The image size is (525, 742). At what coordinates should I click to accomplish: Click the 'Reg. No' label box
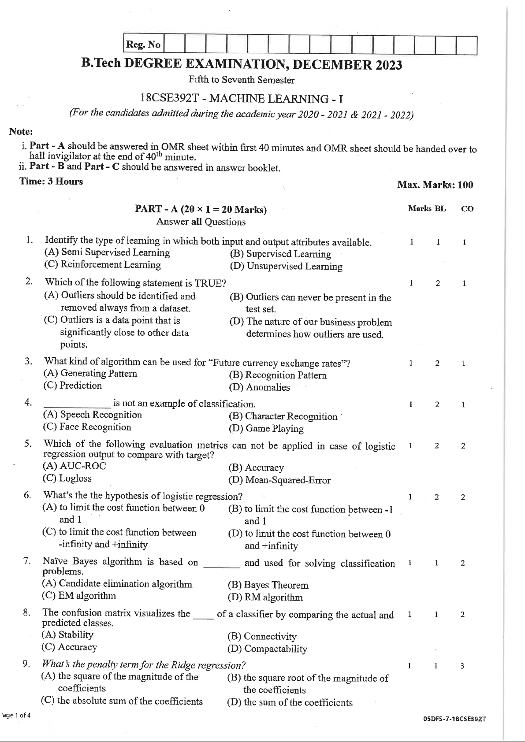coord(143,45)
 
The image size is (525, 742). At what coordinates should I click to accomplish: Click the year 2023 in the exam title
coord(388,66)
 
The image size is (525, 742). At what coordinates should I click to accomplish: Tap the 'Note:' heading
coord(21,131)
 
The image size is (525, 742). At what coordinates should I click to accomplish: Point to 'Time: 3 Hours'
coord(51,182)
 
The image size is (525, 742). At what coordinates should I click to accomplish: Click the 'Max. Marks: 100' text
coord(435,185)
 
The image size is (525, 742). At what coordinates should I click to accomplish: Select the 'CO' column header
coord(467,209)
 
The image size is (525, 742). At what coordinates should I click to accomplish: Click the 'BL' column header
coord(440,208)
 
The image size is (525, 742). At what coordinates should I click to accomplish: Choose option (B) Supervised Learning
coord(280,254)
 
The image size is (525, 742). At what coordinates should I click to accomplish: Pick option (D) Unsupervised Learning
coord(286,266)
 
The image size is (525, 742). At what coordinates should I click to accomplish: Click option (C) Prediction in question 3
coord(73,386)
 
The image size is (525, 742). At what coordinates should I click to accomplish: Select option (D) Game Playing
coord(266,428)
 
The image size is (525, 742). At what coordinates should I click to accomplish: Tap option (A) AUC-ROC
coord(74,466)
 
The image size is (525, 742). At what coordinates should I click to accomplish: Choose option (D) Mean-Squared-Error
coord(279,480)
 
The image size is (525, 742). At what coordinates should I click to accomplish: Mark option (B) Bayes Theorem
coord(268,585)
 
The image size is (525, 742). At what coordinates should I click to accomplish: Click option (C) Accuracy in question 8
coord(69,647)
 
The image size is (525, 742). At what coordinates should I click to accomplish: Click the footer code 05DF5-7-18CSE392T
coord(454,719)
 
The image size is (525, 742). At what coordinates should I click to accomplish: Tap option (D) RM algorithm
coord(265,597)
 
